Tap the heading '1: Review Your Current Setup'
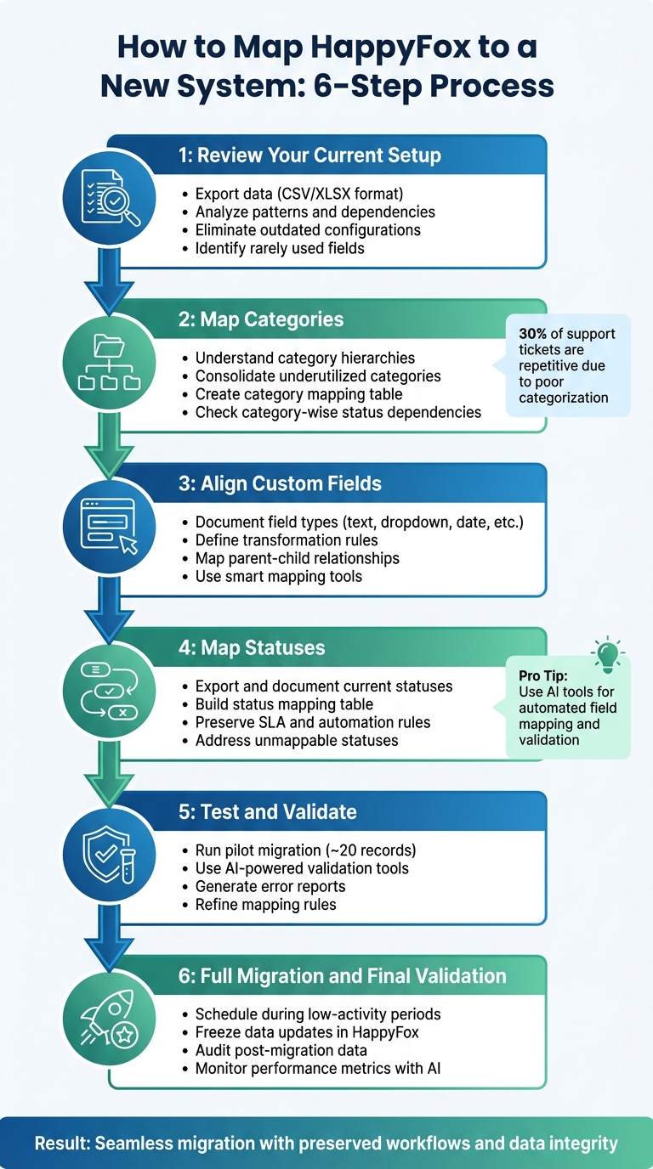(x=309, y=155)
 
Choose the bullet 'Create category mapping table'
(x=298, y=394)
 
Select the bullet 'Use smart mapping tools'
(x=278, y=577)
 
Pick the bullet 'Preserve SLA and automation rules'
(x=312, y=722)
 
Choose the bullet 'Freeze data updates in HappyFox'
(x=308, y=1032)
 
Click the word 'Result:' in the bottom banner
(x=62, y=1144)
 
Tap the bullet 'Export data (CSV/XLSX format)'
(x=300, y=194)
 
